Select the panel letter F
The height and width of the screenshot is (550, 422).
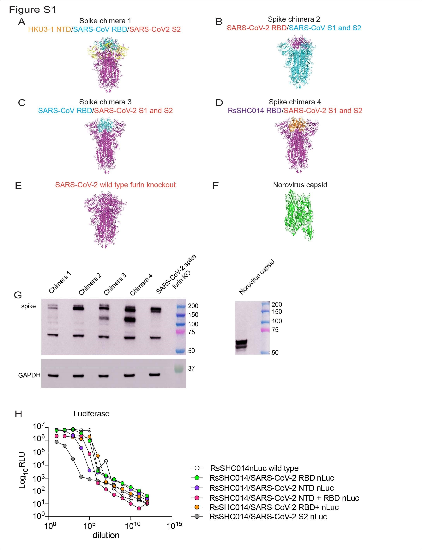[x=215, y=186]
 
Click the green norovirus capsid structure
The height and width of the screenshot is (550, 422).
[x=299, y=215]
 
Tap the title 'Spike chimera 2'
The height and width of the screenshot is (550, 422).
[x=294, y=19]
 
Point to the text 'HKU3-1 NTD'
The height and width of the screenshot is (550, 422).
[x=50, y=29]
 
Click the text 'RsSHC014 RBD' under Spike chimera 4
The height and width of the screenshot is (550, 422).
[x=254, y=111]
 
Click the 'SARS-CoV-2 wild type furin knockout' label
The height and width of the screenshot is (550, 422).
[x=115, y=185]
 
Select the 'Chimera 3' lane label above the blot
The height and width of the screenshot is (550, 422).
[x=115, y=284]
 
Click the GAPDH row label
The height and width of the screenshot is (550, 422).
[x=29, y=375]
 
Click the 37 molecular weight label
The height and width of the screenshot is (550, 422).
[x=191, y=368]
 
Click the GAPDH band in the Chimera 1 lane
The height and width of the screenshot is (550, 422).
[x=53, y=376]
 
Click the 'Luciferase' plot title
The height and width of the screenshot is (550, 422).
[x=91, y=414]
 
